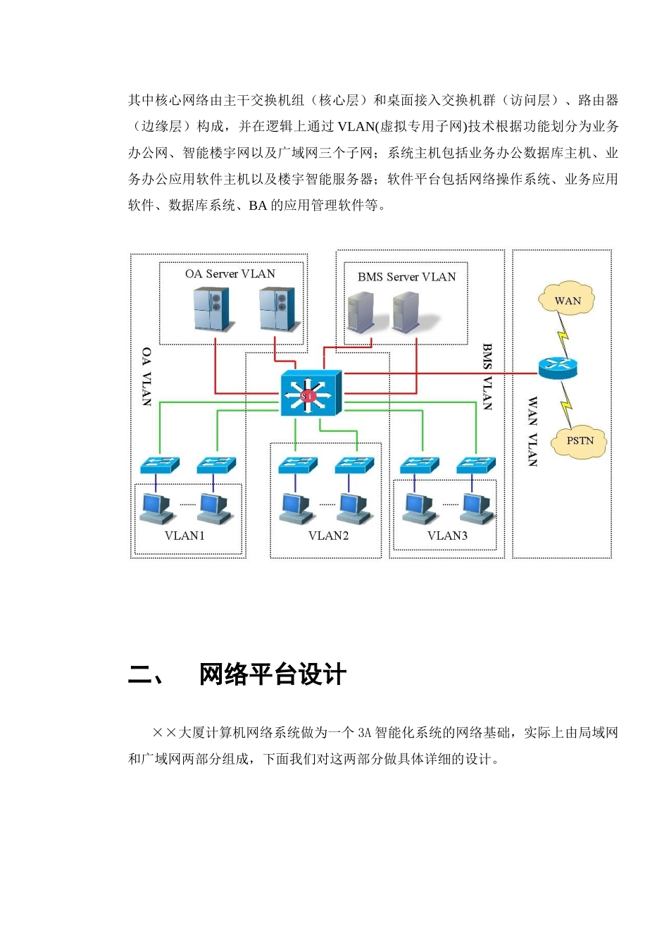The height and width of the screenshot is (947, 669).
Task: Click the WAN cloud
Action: coord(566,299)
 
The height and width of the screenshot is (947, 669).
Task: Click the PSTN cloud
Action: coord(579,441)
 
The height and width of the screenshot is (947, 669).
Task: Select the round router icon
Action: coord(558,367)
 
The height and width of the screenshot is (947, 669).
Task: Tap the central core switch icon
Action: coord(311,393)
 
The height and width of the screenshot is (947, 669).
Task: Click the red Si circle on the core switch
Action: coord(307,396)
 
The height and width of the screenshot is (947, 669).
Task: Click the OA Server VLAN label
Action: coord(230,274)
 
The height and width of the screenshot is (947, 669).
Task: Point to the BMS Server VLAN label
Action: coord(406,277)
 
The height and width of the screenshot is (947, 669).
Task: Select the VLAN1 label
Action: coord(185,536)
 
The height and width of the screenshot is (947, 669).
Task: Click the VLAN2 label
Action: coord(328,536)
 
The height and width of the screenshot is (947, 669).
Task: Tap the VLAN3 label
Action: coord(447,536)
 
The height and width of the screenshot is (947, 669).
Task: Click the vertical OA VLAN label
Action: coord(146,377)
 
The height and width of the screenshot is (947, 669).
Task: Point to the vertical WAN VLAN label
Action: coord(532,432)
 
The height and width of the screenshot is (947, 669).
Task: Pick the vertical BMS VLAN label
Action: coord(487,377)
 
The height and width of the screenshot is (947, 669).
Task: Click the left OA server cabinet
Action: coord(212,309)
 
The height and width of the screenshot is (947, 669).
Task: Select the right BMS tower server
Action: coord(406,311)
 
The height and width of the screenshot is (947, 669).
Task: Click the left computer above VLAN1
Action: coord(156,509)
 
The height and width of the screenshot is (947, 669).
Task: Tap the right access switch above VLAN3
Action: coord(476,465)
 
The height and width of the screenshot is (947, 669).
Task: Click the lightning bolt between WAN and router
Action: coord(563,334)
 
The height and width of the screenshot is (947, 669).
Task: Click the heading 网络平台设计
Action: coord(273,674)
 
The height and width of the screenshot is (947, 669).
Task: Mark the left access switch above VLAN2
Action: coord(298,465)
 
